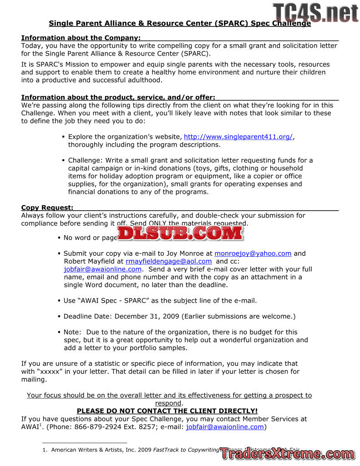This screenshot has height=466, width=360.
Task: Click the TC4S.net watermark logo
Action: [x=315, y=12]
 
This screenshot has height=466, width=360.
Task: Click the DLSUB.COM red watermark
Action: [x=180, y=233]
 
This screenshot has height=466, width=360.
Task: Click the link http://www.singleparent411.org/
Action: [x=238, y=137]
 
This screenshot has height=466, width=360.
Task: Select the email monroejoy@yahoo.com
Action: [x=253, y=253]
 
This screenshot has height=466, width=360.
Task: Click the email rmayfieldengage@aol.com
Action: [x=168, y=261]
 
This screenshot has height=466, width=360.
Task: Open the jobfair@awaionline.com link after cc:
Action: [x=102, y=269]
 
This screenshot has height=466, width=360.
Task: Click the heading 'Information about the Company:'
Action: [x=81, y=38]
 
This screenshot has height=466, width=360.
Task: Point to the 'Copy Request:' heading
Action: [x=47, y=208]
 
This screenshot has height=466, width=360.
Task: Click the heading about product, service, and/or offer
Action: [x=118, y=97]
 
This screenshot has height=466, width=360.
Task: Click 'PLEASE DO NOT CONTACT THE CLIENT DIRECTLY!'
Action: [x=167, y=411]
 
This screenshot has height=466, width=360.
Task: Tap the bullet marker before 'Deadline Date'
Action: [x=59, y=316]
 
